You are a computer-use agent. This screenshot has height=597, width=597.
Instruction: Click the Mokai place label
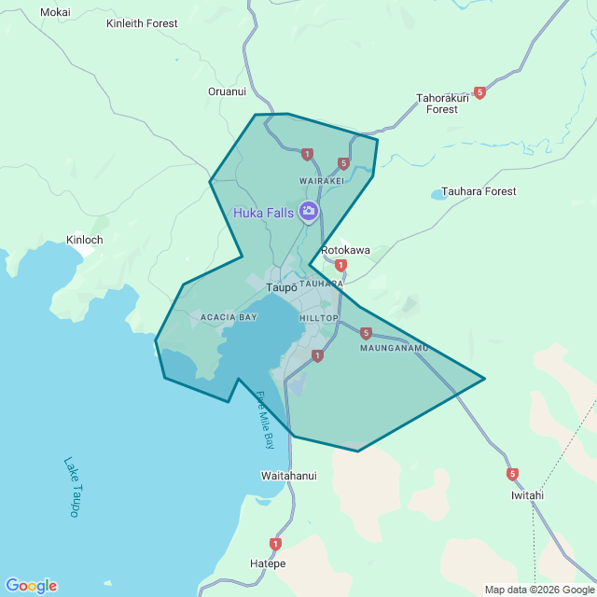pos(55,12)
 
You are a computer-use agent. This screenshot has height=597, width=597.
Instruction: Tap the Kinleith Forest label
pos(142,23)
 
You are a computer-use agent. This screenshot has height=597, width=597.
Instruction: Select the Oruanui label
pos(227,91)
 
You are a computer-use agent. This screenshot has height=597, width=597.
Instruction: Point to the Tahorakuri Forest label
pos(443,103)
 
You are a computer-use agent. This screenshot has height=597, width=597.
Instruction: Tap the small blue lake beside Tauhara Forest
pos(438,195)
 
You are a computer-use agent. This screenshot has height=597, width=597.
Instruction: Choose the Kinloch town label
pos(85,240)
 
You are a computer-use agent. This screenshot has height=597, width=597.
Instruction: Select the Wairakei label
pos(322,180)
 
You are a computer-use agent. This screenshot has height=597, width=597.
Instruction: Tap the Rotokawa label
pos(345,250)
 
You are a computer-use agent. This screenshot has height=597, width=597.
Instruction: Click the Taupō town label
pos(281,287)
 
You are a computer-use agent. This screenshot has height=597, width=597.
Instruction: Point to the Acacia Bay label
pos(229,317)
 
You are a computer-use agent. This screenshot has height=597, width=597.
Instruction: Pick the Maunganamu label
pos(394,349)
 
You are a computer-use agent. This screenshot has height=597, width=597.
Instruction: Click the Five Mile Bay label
pos(265,420)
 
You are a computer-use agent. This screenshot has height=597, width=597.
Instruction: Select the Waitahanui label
pos(288,476)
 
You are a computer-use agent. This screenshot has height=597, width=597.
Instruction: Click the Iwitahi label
pos(527,495)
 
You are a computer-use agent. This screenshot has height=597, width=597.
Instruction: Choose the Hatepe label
pos(268,564)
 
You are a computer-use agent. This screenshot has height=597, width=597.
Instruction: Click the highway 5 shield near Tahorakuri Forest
pos(479,92)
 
